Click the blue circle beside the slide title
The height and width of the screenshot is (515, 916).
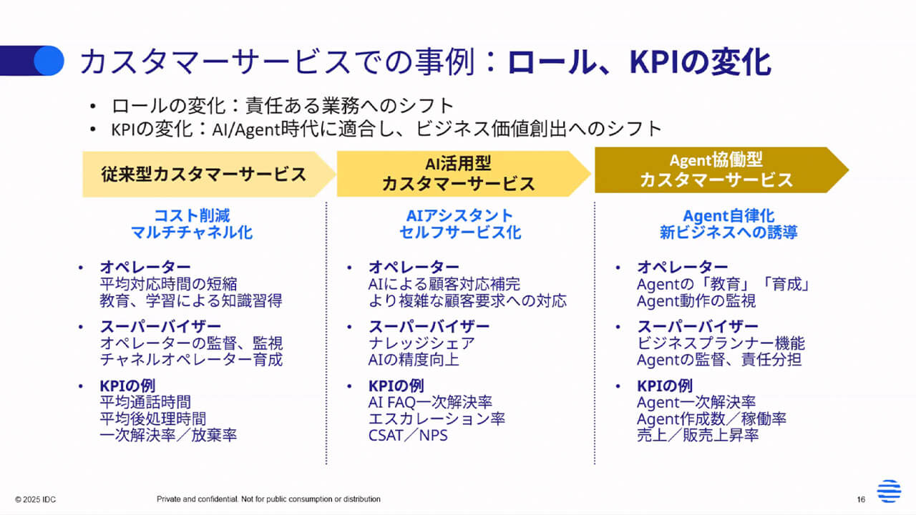tap(49, 61)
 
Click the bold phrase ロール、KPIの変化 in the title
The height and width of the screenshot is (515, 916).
tap(639, 63)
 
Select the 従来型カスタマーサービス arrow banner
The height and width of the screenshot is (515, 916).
tap(204, 174)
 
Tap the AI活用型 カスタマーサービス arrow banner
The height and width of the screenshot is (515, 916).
tap(458, 174)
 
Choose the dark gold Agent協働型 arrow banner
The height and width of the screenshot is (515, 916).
tap(716, 170)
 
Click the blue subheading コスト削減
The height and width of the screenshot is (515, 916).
tap(192, 215)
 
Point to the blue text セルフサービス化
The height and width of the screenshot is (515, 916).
tap(460, 232)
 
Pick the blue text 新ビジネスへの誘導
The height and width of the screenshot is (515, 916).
tap(729, 232)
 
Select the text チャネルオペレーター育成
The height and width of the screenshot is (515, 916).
tap(191, 359)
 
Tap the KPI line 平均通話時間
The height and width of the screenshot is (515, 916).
tap(145, 403)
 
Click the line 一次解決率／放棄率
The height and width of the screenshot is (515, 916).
tap(168, 435)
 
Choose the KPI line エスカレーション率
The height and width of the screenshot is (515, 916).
tap(437, 418)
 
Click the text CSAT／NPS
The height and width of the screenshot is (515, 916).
tap(408, 435)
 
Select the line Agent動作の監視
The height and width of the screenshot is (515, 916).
tap(696, 301)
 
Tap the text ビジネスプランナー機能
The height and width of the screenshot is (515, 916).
tap(721, 343)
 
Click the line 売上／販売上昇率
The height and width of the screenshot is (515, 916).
tap(698, 435)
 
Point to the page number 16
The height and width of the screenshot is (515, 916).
tap(861, 499)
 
